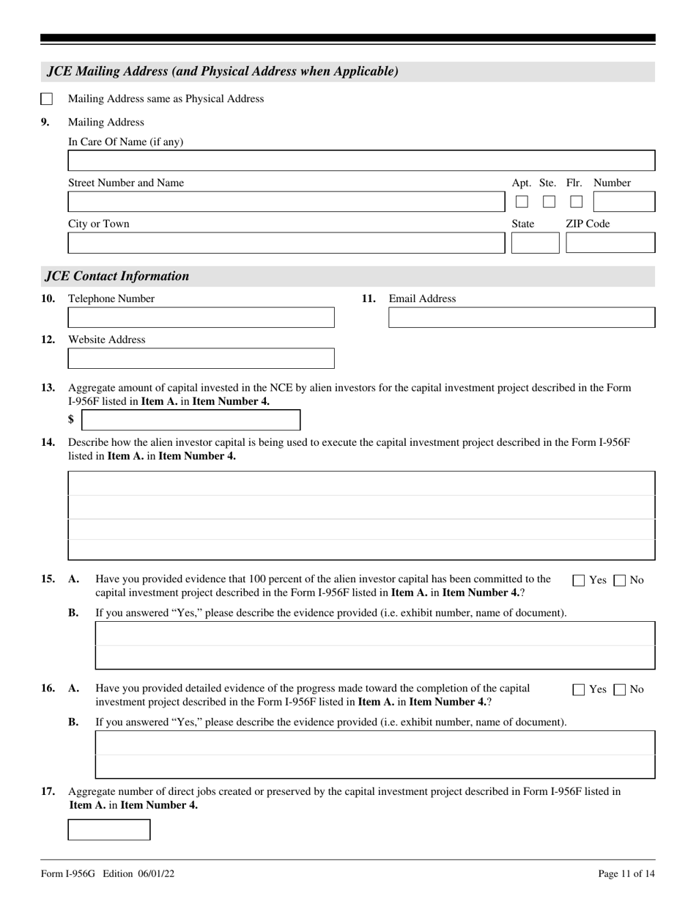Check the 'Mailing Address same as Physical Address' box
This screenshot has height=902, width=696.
tap(46, 99)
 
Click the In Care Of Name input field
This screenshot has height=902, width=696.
tap(361, 161)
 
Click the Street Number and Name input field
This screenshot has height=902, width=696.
tap(286, 202)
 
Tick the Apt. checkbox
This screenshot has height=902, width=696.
tap(522, 202)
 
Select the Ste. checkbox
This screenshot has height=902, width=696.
tap(549, 202)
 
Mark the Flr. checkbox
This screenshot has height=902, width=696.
tap(577, 202)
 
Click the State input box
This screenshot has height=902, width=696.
tap(535, 243)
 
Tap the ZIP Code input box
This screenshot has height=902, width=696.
tap(610, 243)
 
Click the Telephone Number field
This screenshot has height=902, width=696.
tap(201, 318)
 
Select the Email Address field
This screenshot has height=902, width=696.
tap(522, 318)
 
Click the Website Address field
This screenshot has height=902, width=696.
tap(201, 359)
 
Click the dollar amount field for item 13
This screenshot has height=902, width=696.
tap(190, 420)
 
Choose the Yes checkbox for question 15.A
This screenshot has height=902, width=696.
tap(579, 581)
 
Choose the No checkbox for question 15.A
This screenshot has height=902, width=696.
tap(620, 581)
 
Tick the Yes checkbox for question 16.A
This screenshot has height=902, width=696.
tap(579, 690)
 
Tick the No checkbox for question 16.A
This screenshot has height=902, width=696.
tap(620, 690)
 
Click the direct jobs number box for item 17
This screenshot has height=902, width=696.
tap(109, 829)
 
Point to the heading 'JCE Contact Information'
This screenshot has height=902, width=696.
tap(117, 276)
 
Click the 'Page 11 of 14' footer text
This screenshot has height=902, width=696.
tap(626, 873)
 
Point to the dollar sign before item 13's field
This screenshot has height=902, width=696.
tap(71, 420)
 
